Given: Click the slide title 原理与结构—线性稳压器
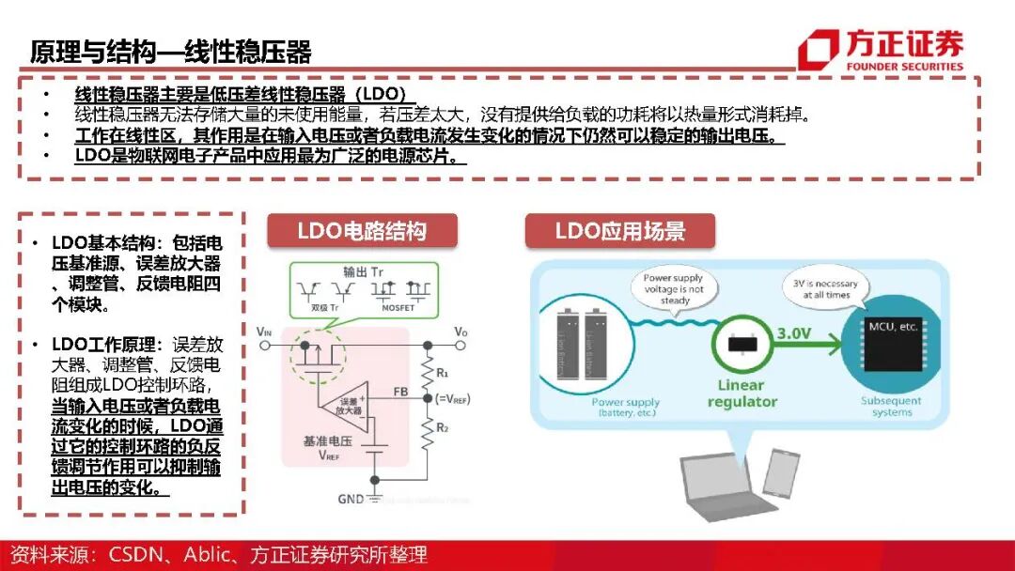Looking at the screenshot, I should click(170, 51).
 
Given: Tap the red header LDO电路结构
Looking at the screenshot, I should click(362, 231).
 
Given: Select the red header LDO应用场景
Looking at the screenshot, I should click(619, 231).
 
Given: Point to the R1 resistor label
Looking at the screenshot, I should click(441, 372).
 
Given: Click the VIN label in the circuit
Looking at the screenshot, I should click(265, 332).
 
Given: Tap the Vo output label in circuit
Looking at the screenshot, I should click(461, 332).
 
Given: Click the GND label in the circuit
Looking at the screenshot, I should click(350, 500).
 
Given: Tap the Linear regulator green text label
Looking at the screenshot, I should click(747, 394).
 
